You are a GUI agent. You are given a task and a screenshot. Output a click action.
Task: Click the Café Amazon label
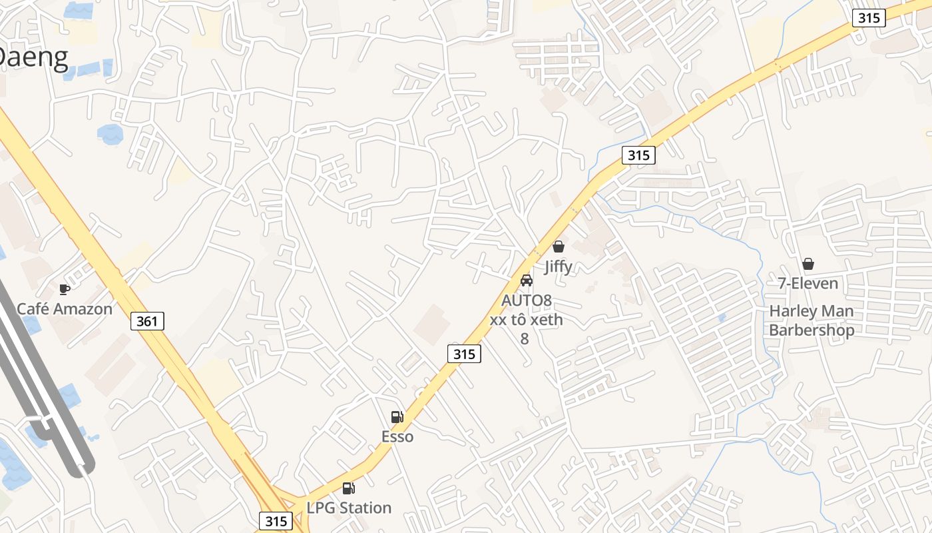(x=65, y=309)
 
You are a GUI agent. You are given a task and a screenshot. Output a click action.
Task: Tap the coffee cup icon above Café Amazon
(x=65, y=289)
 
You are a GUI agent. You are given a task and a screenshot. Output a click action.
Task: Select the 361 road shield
(x=147, y=321)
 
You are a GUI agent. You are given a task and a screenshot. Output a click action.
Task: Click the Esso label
(x=397, y=437)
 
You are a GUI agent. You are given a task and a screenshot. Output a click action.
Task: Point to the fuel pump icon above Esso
(x=397, y=418)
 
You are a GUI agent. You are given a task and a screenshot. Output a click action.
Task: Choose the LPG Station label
(x=349, y=508)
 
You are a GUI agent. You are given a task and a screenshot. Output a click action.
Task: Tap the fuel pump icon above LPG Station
(x=348, y=488)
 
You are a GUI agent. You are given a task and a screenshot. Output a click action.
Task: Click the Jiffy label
(x=558, y=266)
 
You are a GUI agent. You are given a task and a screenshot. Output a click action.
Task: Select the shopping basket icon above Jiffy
(x=559, y=247)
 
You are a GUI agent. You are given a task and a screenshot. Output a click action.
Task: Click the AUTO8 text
(x=527, y=301)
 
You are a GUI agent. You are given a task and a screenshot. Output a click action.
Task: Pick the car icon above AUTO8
(x=527, y=280)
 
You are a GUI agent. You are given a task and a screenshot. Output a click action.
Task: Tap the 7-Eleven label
(x=808, y=284)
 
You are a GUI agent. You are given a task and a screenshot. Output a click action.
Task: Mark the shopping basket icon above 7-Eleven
(x=808, y=265)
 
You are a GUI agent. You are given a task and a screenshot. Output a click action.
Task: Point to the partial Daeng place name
(x=33, y=57)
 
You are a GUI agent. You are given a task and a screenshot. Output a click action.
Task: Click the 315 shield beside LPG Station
(x=276, y=520)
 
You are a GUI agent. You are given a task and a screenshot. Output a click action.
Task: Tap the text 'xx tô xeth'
(x=527, y=320)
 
